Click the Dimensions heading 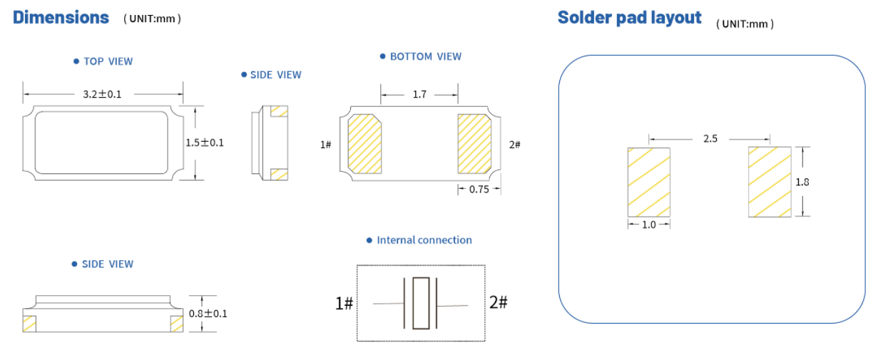[x=61, y=18]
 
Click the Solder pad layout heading [x=629, y=18]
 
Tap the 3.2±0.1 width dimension [x=103, y=93]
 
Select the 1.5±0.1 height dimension [x=205, y=143]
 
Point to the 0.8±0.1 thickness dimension [x=208, y=314]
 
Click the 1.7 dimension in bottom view [x=420, y=94]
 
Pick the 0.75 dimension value [x=479, y=190]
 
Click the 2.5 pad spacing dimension [x=710, y=139]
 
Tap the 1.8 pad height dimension [x=802, y=182]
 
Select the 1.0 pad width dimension [x=649, y=225]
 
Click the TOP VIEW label [x=108, y=61]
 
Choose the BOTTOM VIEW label [x=425, y=56]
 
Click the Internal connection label [x=424, y=240]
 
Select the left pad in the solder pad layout [x=649, y=182]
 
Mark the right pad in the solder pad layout [x=770, y=182]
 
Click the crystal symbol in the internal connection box [x=421, y=303]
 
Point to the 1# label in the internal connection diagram [x=344, y=304]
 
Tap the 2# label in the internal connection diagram [x=499, y=302]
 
